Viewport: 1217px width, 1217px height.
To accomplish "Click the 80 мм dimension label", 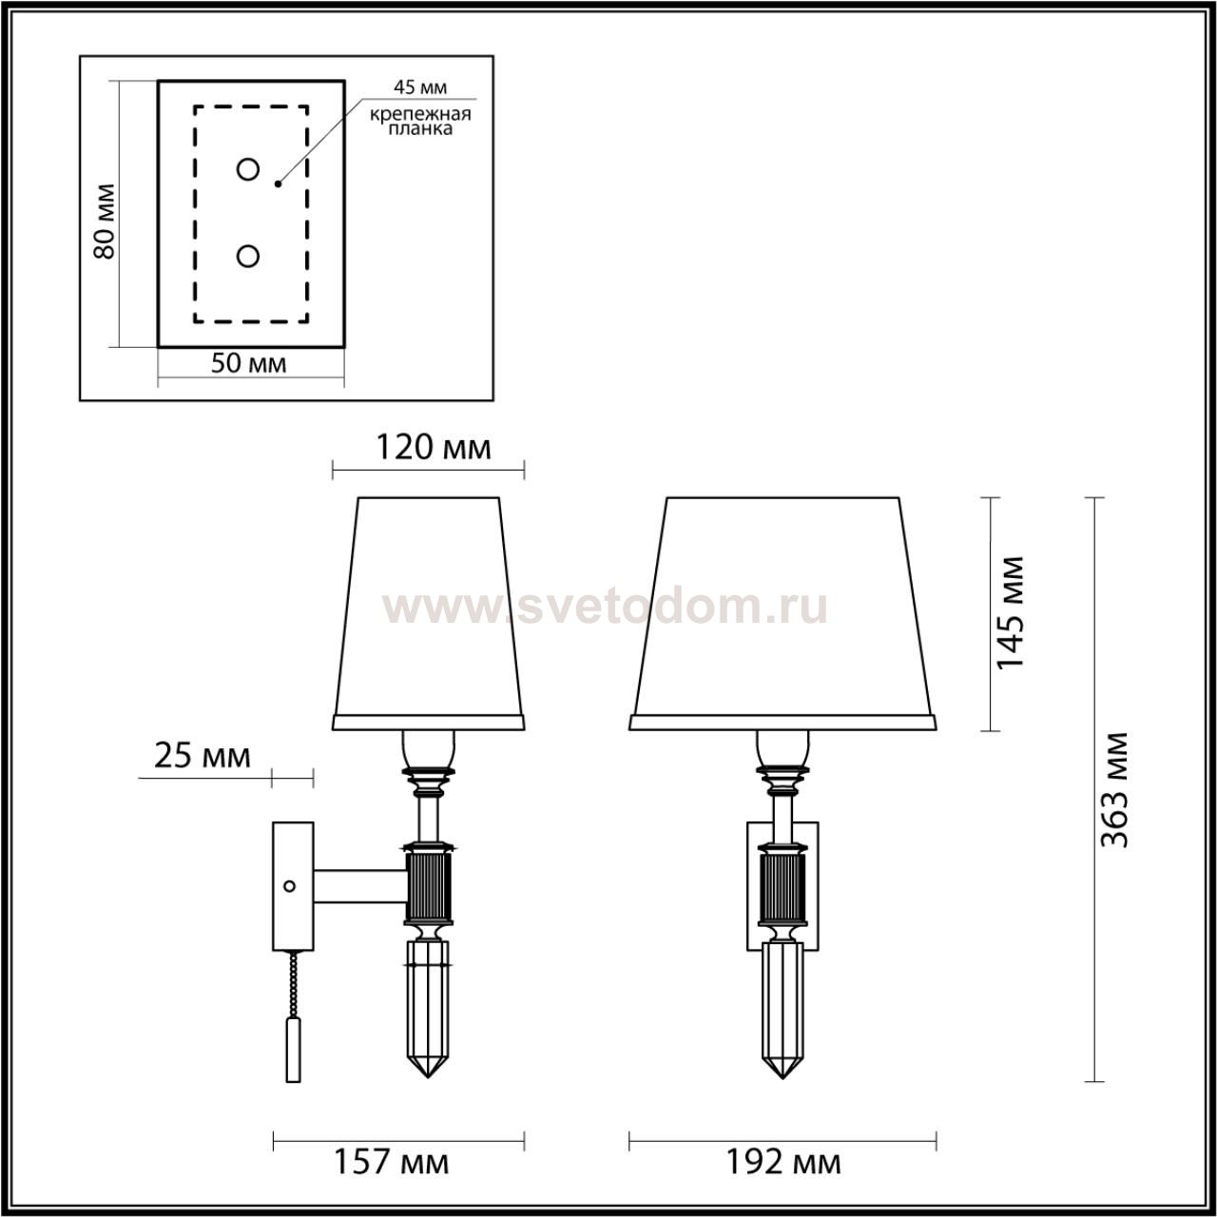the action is coord(105,221).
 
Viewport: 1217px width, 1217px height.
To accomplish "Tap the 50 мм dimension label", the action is coord(248,363).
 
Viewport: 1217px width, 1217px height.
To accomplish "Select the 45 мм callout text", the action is coord(420,87).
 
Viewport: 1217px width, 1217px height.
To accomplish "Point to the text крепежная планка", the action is coord(420,122).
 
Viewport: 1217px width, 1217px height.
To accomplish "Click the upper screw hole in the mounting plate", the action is coord(247,169).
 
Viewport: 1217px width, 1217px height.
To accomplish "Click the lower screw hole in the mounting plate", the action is coord(247,257).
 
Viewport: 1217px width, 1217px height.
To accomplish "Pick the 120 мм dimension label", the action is coord(434,448).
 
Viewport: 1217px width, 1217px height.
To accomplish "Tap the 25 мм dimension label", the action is coord(203,756).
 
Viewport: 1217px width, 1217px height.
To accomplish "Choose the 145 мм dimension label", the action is coord(1009,612).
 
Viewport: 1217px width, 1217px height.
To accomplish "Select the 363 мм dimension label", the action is coord(1114,789).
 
